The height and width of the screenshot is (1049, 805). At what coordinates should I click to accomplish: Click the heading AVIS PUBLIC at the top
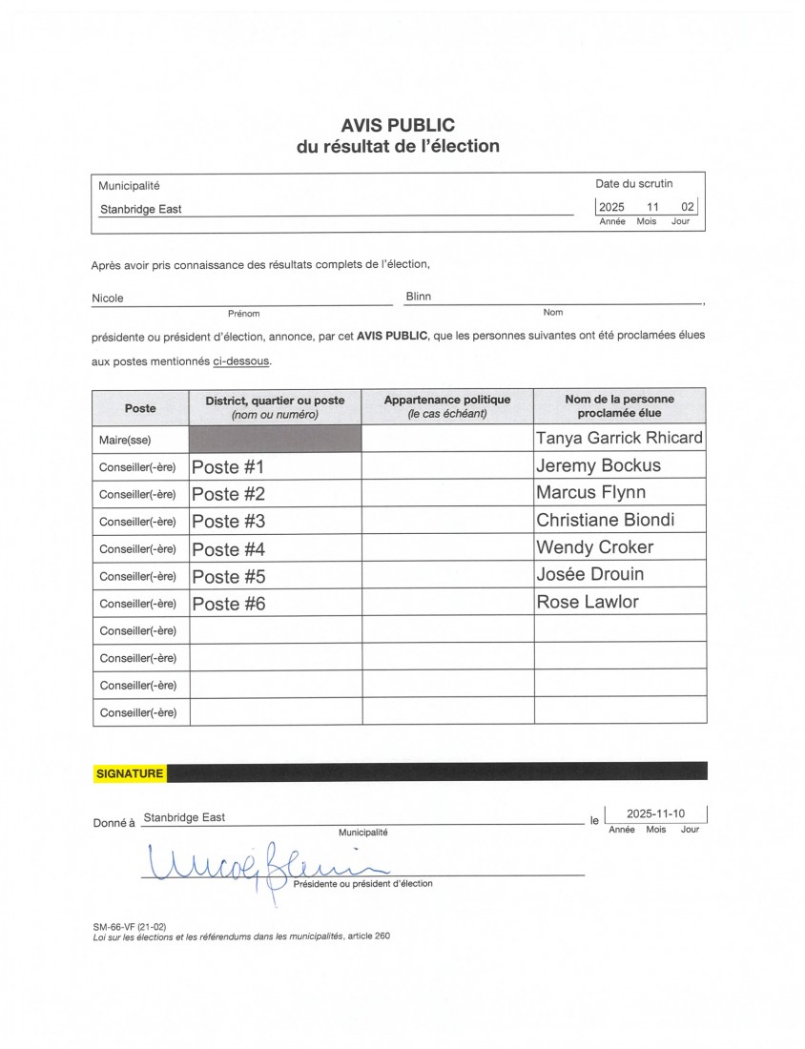(x=398, y=125)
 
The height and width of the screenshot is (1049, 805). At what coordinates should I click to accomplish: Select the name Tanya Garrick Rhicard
(x=619, y=438)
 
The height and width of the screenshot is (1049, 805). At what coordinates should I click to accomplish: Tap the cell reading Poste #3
(x=228, y=522)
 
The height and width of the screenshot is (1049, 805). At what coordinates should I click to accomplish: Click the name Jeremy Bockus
(x=598, y=465)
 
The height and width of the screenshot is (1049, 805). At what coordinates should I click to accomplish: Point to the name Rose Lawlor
(x=587, y=602)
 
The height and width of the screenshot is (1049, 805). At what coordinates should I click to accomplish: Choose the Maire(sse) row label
(x=125, y=440)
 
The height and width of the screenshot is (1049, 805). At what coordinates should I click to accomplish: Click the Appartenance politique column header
(x=446, y=406)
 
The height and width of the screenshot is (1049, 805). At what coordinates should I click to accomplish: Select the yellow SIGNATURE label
(x=130, y=773)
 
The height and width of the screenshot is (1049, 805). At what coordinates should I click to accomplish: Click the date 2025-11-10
(x=655, y=813)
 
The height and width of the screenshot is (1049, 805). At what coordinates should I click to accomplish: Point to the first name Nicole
(x=108, y=298)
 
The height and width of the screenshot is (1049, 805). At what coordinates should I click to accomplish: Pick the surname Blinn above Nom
(x=418, y=297)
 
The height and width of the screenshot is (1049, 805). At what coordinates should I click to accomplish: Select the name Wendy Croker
(x=594, y=547)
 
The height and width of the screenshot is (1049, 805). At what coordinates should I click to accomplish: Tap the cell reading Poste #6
(x=228, y=604)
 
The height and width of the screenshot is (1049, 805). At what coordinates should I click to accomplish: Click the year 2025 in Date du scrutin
(x=610, y=207)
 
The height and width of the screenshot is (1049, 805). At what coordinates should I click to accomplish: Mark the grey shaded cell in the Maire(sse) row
(x=276, y=439)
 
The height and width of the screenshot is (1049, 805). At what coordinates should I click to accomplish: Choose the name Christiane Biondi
(x=605, y=520)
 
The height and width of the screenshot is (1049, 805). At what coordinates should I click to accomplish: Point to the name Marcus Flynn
(x=590, y=492)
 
